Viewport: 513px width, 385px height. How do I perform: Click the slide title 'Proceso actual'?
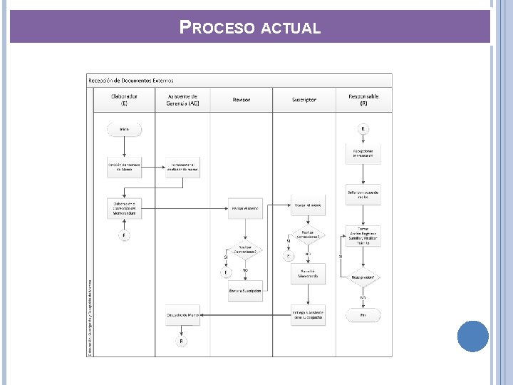[250, 28]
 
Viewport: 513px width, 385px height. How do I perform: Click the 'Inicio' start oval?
[124, 130]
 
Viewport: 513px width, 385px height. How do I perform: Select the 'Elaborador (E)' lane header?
[124, 100]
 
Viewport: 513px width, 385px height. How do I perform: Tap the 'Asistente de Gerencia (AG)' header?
[182, 100]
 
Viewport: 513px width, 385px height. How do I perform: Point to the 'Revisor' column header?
[242, 100]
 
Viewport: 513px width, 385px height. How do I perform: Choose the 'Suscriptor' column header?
[304, 100]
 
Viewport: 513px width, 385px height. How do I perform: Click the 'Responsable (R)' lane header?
[363, 100]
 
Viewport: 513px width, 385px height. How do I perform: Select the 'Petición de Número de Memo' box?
[124, 167]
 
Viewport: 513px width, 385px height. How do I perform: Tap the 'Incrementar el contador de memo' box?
[182, 167]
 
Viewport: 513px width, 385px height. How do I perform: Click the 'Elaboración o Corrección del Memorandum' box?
[124, 207]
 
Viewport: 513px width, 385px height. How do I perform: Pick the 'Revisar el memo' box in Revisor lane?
[245, 207]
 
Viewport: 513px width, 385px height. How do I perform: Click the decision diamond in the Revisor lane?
[245, 251]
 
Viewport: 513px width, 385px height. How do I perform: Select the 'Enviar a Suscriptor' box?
[245, 291]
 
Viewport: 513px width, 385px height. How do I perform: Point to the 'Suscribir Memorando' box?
[308, 274]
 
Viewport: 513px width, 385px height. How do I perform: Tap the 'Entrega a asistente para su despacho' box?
[308, 314]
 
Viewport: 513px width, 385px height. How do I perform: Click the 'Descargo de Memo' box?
[182, 314]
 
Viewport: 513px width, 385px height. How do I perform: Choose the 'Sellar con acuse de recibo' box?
[363, 194]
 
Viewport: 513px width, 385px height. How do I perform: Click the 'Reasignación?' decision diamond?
[363, 277]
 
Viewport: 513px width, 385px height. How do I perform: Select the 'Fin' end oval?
[363, 314]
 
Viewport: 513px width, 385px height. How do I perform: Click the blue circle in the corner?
[472, 336]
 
